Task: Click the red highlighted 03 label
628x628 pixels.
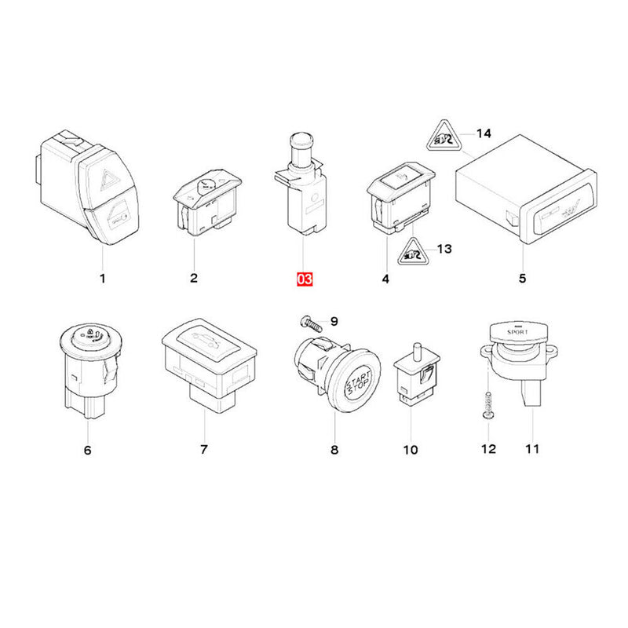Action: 305,279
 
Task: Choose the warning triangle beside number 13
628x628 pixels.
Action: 411,252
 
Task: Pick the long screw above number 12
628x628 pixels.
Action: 487,407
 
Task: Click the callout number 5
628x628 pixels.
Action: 523,278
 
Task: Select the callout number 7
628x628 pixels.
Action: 203,450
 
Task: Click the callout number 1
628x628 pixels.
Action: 101,278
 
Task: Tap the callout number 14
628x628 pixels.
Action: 484,133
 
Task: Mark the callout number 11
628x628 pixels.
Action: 532,449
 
